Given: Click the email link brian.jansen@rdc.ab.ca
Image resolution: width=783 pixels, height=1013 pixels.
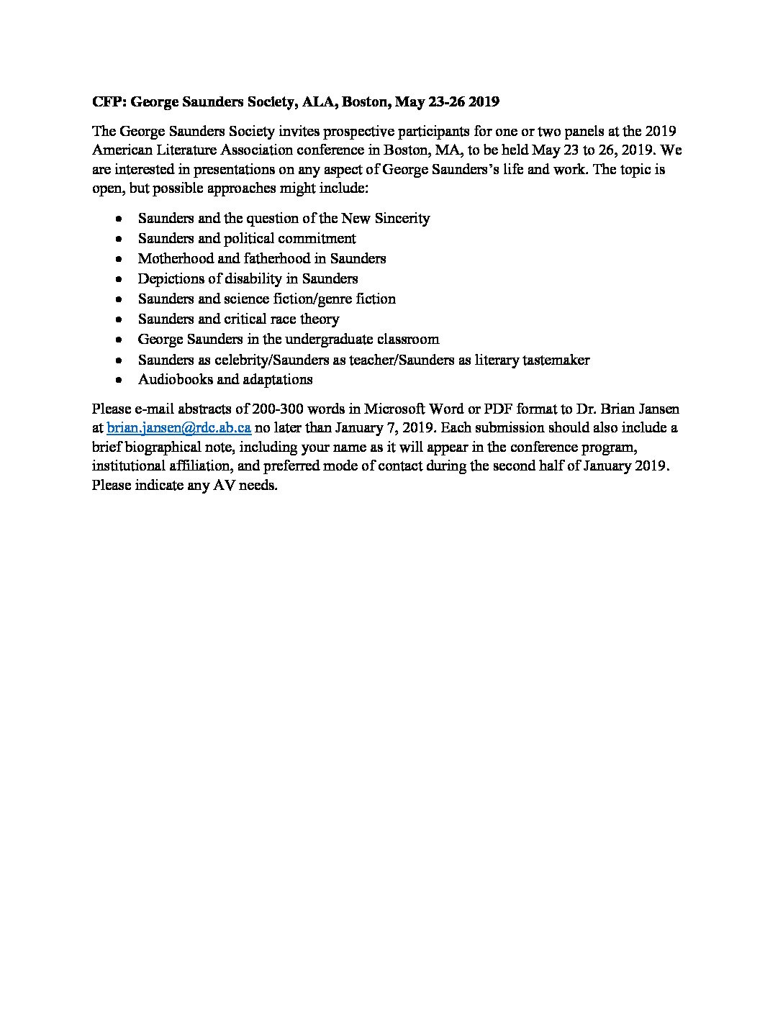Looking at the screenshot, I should pyautogui.click(x=178, y=428).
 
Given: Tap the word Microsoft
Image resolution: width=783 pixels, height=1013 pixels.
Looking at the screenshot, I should pyautogui.click(x=395, y=409).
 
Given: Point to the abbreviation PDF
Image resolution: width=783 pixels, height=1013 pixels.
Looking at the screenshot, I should pyautogui.click(x=489, y=409).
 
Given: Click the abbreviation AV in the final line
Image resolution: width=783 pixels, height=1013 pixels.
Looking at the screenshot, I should pyautogui.click(x=222, y=485).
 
